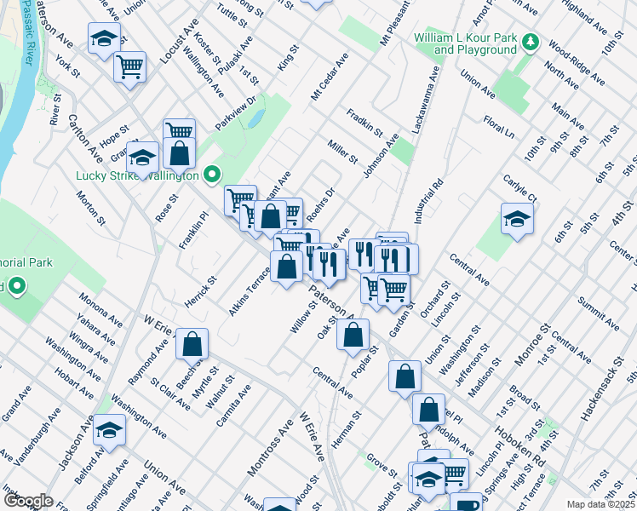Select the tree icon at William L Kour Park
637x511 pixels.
(530, 42)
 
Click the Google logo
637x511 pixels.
(28, 501)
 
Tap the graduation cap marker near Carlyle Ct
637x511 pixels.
(517, 218)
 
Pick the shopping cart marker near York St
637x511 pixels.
(129, 66)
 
